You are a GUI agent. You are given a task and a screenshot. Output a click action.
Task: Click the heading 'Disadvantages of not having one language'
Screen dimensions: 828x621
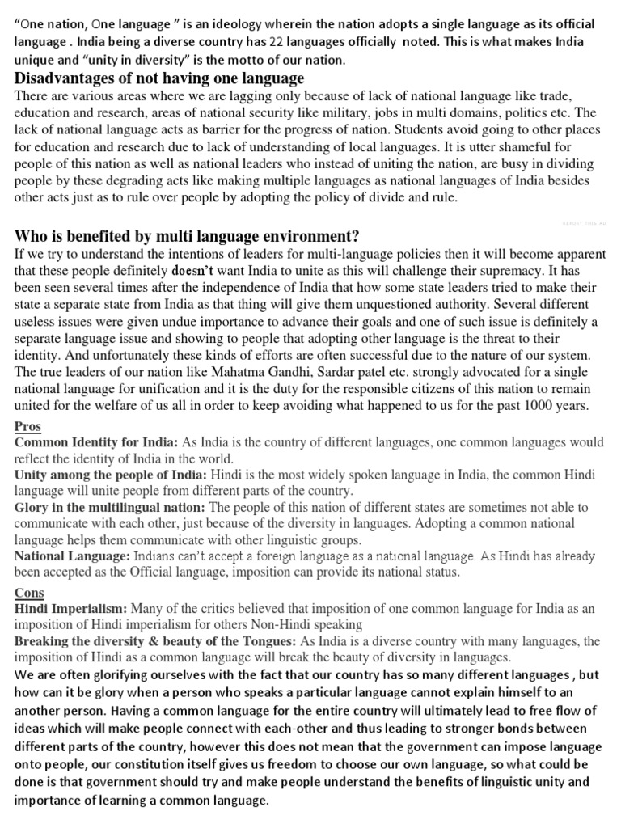coord(159,78)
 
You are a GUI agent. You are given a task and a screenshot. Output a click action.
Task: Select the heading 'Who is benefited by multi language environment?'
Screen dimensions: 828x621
coord(187,236)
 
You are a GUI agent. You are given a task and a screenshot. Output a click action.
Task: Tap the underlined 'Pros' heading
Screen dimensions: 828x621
coord(27,426)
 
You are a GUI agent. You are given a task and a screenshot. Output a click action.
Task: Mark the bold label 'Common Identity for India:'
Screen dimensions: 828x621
coord(97,443)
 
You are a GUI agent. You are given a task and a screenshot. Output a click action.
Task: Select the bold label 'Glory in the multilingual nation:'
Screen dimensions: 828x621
coord(110,508)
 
